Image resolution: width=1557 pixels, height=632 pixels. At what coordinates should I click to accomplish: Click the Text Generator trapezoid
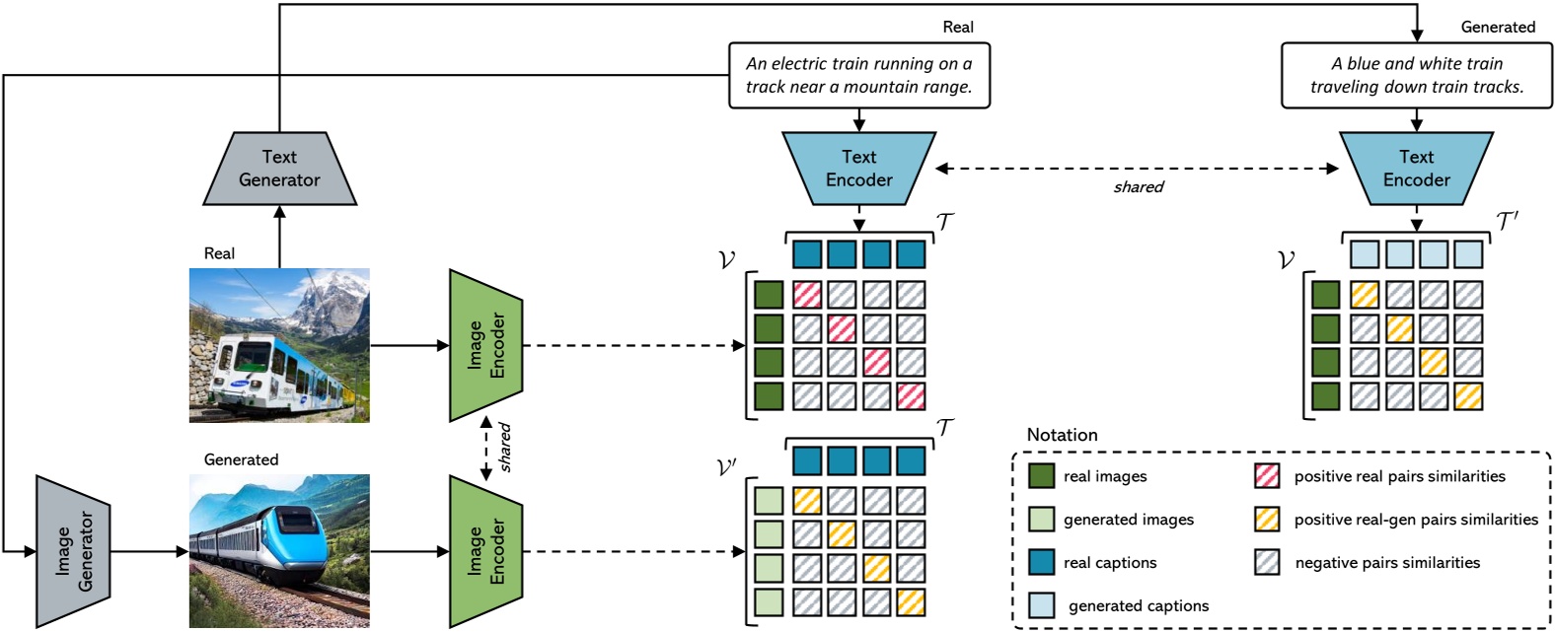[279, 169]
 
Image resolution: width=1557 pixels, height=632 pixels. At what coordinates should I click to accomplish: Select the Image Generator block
[72, 551]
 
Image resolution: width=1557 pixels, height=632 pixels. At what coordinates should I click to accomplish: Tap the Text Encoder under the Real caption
[858, 169]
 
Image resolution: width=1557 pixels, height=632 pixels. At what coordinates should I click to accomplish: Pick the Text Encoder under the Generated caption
[1416, 169]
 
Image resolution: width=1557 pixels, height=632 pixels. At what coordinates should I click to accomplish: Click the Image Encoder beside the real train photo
[485, 345]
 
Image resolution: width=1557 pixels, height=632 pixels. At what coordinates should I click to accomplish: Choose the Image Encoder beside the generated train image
[485, 551]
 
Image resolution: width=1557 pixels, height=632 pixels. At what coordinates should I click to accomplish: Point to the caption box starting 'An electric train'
[858, 75]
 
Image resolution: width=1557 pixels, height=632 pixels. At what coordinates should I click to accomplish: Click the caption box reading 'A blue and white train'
[1416, 75]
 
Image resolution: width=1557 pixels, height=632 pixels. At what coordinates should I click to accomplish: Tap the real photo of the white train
[279, 345]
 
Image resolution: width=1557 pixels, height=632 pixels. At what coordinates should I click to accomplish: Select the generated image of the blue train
[279, 551]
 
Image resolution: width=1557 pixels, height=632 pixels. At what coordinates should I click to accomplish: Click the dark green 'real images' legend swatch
[1041, 476]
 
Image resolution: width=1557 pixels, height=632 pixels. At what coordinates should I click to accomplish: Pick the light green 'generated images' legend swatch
[1041, 520]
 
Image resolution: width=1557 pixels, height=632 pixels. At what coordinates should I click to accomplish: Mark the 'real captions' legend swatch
[1041, 563]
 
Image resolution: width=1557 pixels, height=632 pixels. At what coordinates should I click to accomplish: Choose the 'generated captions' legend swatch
[1041, 605]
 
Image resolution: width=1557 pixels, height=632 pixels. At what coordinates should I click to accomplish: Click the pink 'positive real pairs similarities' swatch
[1267, 476]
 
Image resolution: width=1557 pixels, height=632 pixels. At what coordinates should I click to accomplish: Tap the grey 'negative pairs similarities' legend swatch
[1267, 563]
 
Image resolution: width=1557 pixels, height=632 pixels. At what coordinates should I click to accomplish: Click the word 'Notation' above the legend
[1062, 435]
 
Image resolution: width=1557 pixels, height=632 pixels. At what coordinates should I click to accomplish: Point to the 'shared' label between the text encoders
[1139, 187]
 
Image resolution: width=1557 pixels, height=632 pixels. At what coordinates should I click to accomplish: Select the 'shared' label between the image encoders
[504, 448]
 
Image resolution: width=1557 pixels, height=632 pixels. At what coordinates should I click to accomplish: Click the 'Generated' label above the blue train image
[241, 459]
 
